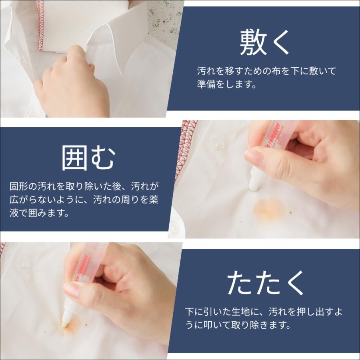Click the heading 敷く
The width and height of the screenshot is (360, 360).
tap(264, 43)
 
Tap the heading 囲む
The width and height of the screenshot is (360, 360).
tap(88, 158)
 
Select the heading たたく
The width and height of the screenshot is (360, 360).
tap(265, 282)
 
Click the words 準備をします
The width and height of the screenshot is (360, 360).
tap(226, 84)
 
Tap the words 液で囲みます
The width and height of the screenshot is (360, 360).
tap(39, 213)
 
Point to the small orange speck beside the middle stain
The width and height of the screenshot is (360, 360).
tap(291, 213)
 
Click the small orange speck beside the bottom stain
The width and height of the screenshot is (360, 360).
tap(86, 325)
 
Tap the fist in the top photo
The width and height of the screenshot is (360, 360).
tap(72, 83)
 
